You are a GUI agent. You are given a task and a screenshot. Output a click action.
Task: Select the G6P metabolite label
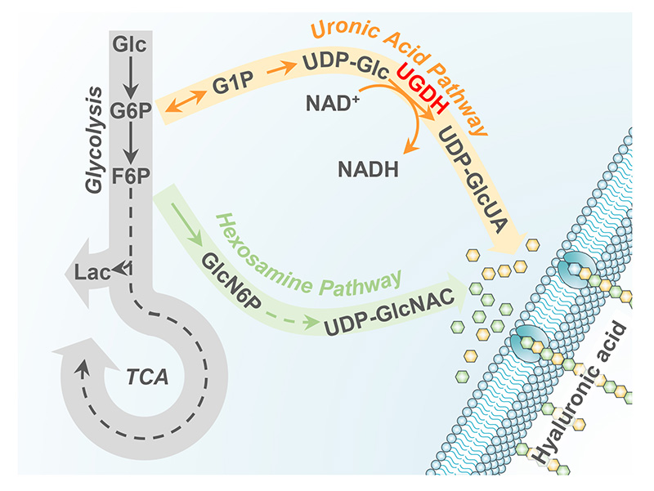132,110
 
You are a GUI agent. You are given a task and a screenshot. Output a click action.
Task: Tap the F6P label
132,176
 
